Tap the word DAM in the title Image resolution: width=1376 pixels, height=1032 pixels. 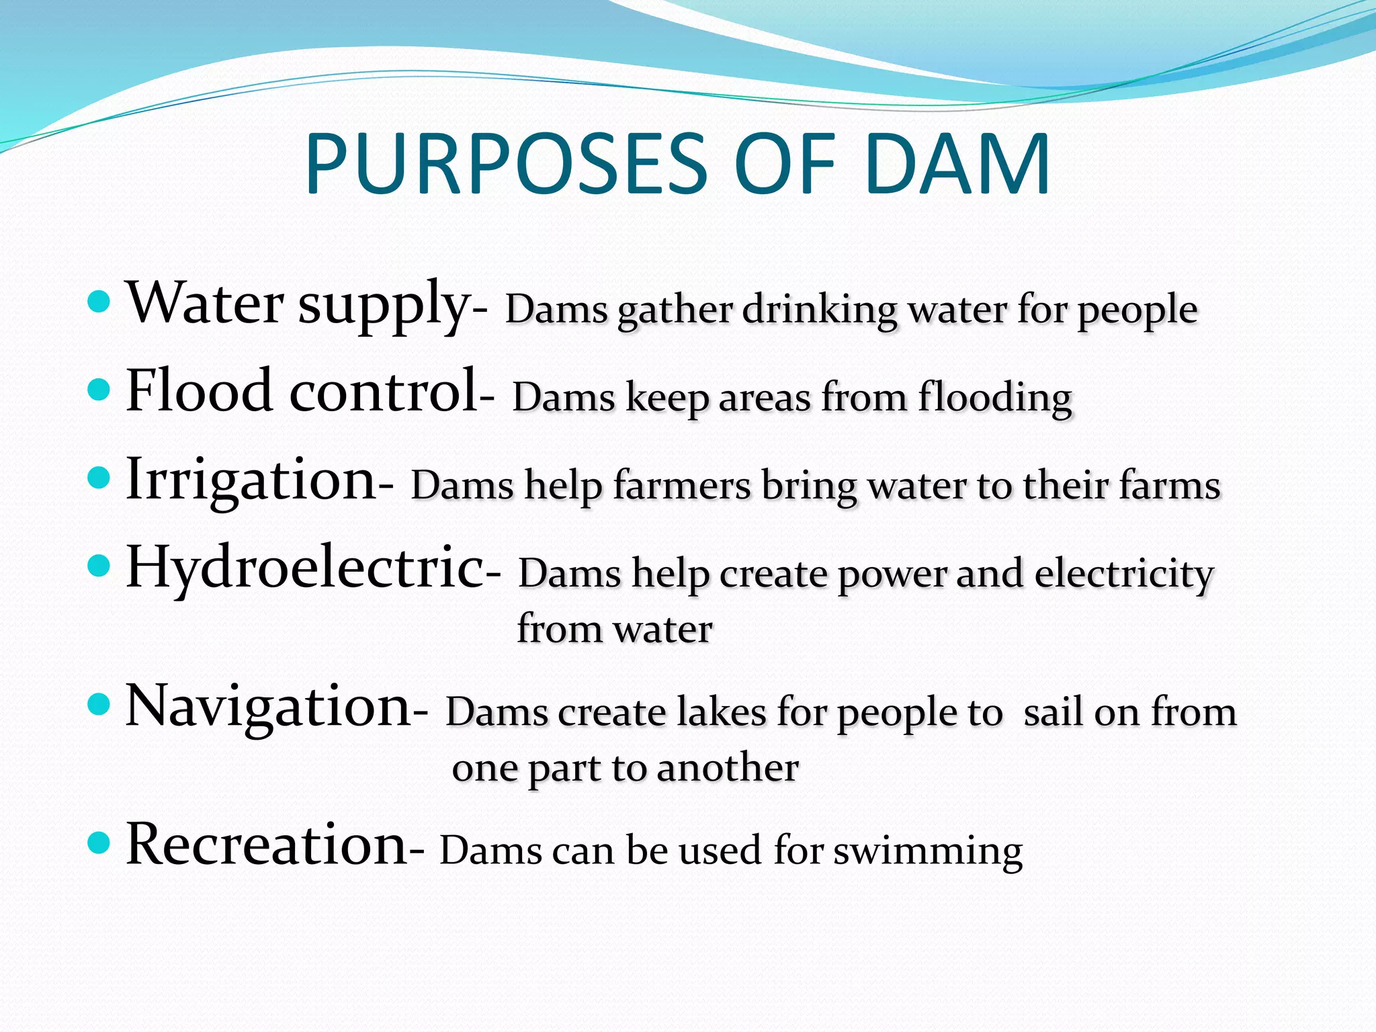pos(957,165)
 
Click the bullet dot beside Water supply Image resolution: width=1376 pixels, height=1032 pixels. pos(99,302)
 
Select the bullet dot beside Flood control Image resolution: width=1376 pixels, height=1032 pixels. pos(99,389)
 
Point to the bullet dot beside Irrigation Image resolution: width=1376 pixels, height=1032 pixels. pos(99,478)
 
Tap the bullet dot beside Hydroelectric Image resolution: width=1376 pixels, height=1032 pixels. pos(99,566)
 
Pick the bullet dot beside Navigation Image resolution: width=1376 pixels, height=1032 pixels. pos(99,705)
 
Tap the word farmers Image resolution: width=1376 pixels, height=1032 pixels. pos(682,486)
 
